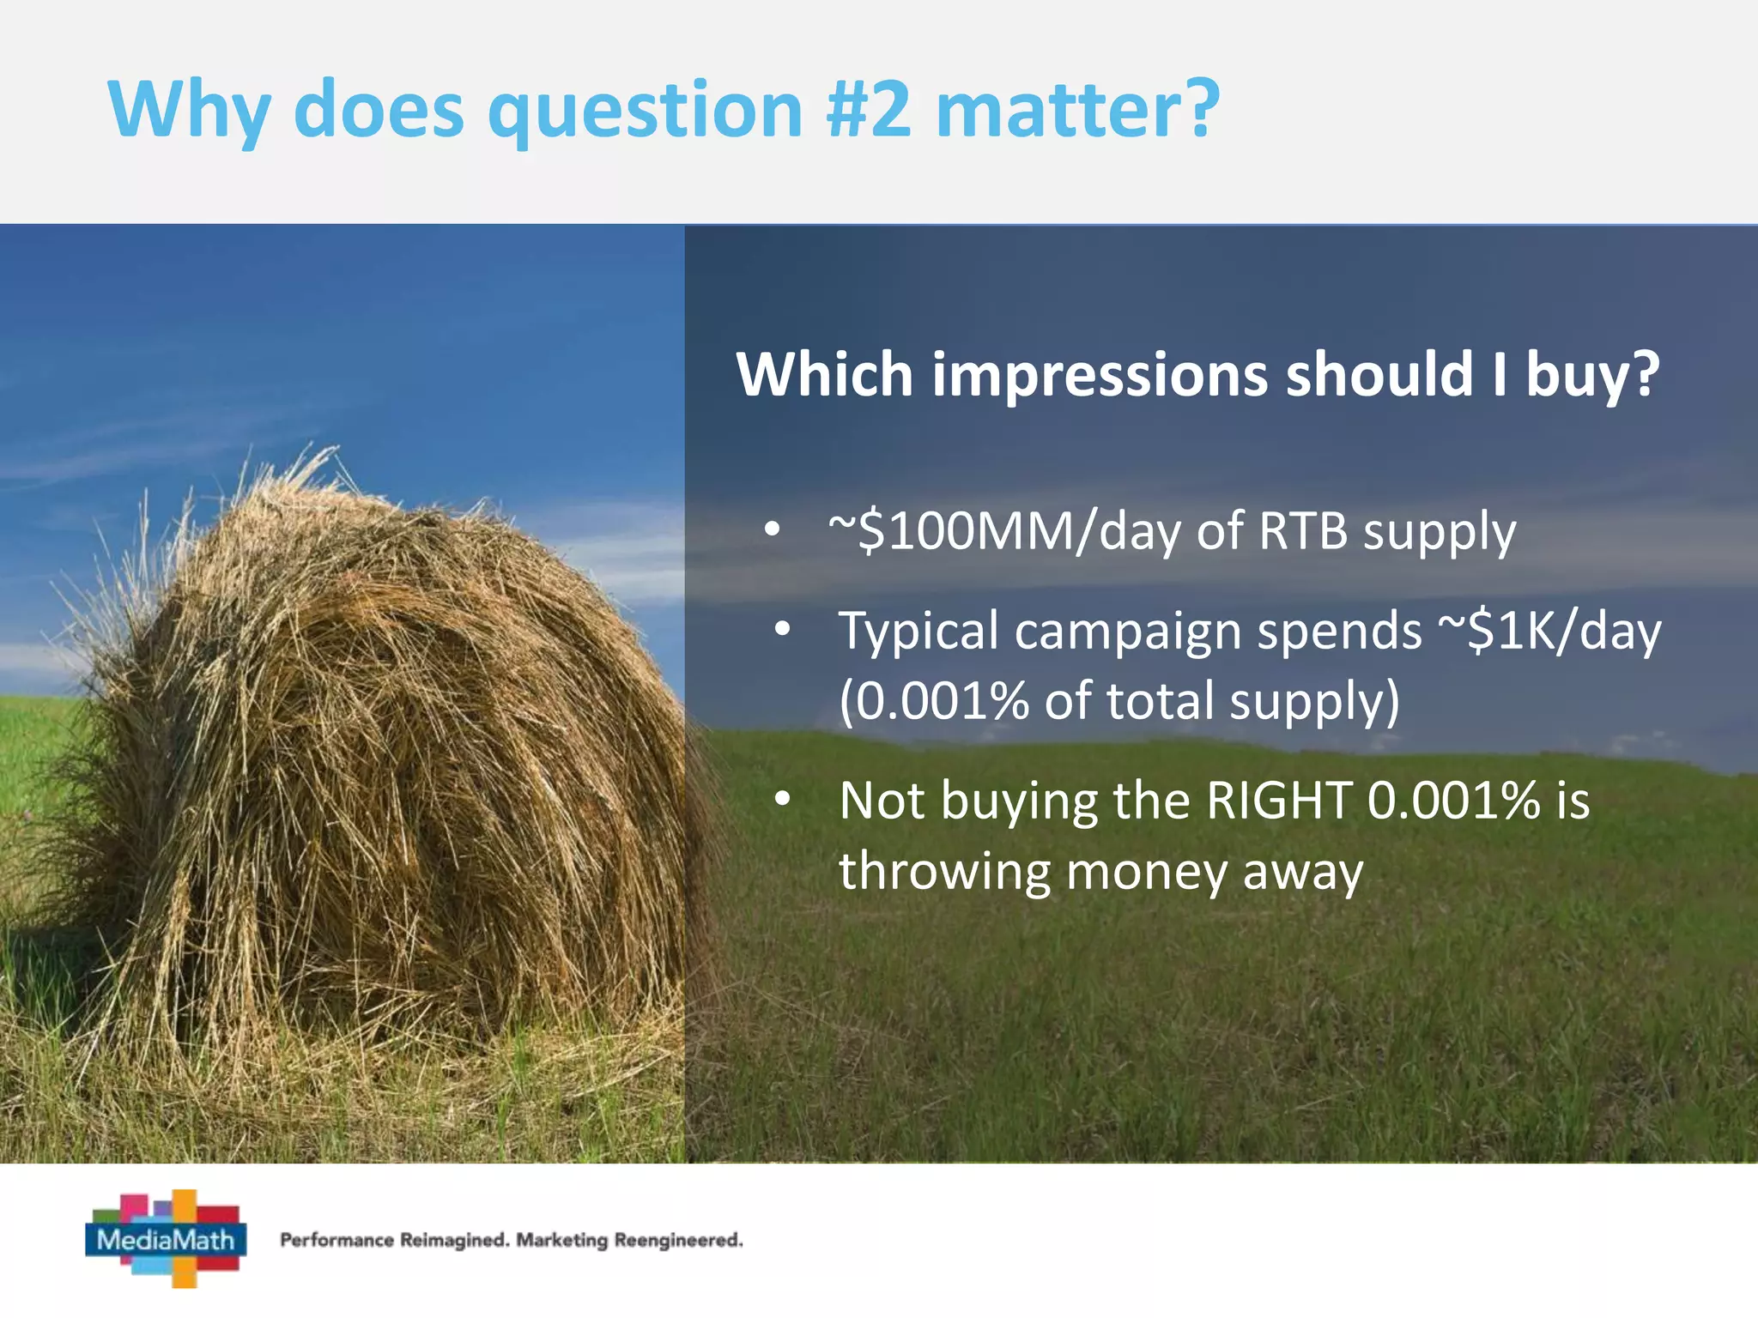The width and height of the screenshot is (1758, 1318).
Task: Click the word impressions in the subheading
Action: (1100, 375)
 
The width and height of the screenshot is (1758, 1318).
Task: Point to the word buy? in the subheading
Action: (1592, 375)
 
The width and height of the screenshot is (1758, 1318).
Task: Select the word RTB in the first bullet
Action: (1303, 531)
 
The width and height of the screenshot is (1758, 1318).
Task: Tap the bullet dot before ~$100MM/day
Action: (773, 531)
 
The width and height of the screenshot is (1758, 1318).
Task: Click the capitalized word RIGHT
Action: (1279, 801)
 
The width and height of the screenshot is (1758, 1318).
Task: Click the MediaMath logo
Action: (167, 1238)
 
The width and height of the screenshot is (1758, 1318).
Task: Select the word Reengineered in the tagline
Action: (678, 1240)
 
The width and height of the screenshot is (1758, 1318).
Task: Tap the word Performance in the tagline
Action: (337, 1240)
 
